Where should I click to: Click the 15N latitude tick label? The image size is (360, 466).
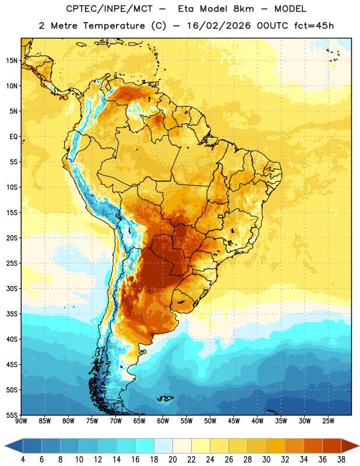pos(12,61)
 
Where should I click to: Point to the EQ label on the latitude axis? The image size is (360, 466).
pos(13,137)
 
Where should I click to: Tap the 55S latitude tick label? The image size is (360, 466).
pos(12,415)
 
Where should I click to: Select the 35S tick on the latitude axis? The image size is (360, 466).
pos(12,314)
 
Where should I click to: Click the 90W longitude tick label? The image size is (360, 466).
pos(21,421)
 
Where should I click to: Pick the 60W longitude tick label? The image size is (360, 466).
pos(163,421)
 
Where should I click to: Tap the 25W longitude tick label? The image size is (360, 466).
pos(328,421)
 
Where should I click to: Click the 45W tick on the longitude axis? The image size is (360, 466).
pos(234,421)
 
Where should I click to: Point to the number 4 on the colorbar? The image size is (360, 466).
pos(23,460)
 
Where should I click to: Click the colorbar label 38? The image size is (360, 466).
pos(341,460)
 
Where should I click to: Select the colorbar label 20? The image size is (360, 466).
pos(172,460)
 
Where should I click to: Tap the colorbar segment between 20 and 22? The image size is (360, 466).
pos(182,446)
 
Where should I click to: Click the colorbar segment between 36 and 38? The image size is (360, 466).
pos(332,446)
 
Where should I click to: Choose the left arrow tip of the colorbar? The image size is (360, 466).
pos(5,446)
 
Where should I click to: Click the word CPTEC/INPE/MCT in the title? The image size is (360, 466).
pos(109,9)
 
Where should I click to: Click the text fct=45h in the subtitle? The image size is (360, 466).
pos(314,26)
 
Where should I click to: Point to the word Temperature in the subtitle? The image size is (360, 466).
pos(114,26)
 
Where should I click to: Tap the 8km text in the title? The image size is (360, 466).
pos(243,9)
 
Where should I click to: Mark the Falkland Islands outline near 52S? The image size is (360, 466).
pos(165,398)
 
